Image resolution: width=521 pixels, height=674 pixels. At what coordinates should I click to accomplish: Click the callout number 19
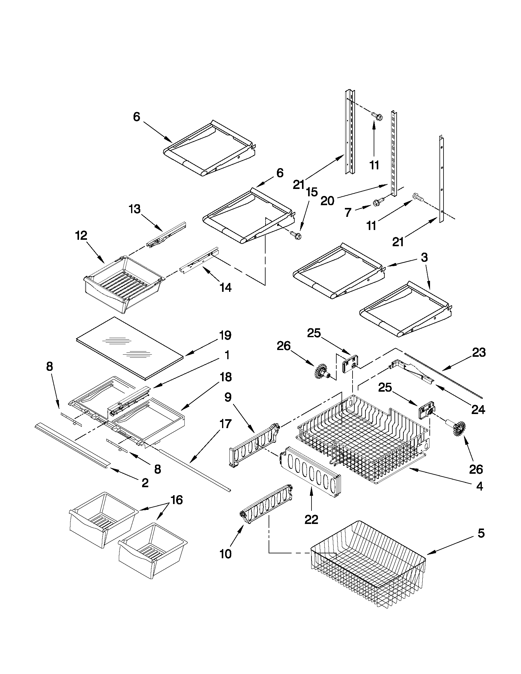tap(225, 335)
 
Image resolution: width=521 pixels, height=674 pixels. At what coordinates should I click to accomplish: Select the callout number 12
tap(81, 236)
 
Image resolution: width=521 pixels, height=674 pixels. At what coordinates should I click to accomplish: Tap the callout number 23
tap(479, 352)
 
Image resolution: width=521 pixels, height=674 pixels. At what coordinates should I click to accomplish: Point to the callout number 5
tap(481, 533)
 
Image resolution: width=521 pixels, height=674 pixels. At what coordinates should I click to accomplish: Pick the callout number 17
tap(225, 424)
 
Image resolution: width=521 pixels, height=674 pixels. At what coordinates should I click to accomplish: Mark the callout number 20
tap(327, 201)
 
